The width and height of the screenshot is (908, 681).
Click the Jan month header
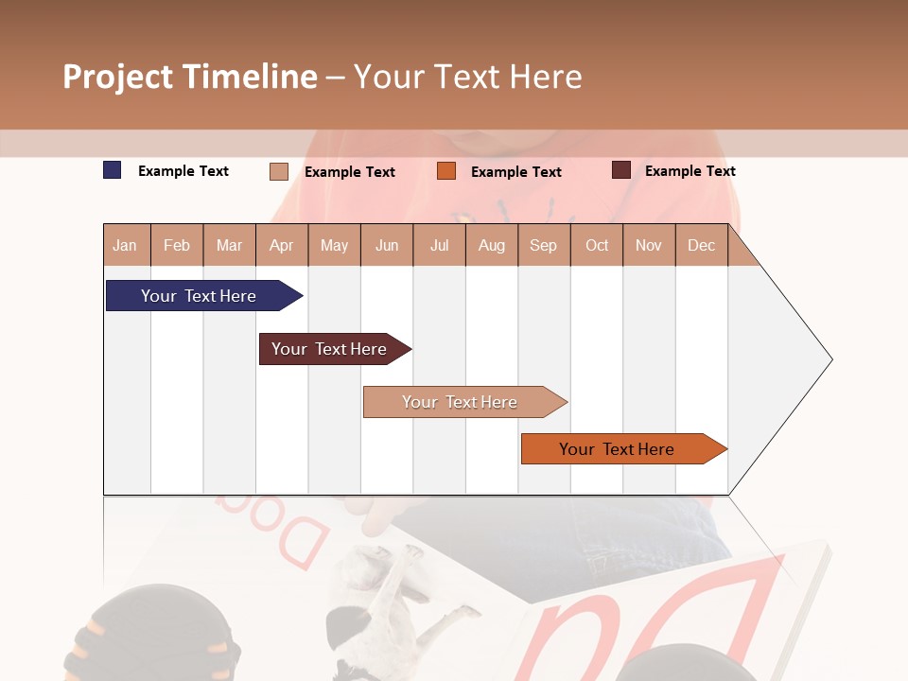click(x=125, y=246)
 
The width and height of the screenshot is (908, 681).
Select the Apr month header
click(x=281, y=246)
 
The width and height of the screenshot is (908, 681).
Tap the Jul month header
click(x=439, y=246)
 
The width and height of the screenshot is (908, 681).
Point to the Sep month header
click(x=543, y=246)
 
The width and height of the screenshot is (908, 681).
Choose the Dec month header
click(x=701, y=246)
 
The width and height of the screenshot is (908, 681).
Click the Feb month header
click(x=177, y=246)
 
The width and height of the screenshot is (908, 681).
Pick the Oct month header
click(x=597, y=246)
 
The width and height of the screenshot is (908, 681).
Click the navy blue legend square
click(x=112, y=170)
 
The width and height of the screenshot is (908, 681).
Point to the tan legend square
click(x=278, y=171)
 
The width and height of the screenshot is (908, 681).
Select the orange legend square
click(x=446, y=171)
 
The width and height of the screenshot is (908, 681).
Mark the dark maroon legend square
click(x=620, y=170)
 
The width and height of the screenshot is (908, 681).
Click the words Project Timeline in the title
click(x=190, y=77)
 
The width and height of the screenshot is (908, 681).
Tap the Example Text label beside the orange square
click(x=515, y=172)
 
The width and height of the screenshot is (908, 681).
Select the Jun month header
click(x=387, y=246)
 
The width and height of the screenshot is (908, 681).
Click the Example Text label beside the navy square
click(x=183, y=171)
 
